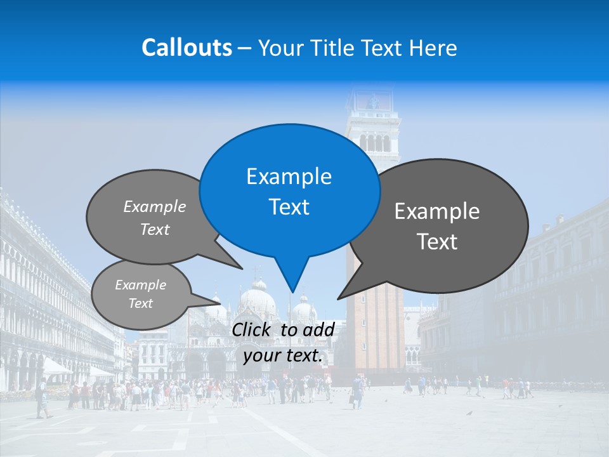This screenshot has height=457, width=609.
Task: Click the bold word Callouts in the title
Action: click(187, 48)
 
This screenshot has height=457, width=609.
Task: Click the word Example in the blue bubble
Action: click(289, 176)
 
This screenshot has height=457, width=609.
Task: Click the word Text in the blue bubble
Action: click(289, 207)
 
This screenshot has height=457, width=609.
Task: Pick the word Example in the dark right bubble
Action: click(437, 211)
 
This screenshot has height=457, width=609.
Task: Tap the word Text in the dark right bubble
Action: click(437, 242)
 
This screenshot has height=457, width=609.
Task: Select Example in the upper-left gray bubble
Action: click(155, 207)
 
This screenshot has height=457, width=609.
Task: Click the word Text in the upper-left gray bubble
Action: click(155, 230)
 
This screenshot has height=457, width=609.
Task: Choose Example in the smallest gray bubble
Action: click(140, 285)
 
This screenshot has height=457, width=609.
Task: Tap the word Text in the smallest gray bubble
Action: click(140, 303)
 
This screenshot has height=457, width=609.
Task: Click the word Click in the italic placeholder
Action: click(252, 329)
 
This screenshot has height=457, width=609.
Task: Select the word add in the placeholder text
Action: click(318, 329)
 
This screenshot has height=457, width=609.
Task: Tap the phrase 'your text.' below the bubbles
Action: click(283, 356)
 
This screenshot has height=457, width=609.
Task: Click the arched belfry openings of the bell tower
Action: click(374, 143)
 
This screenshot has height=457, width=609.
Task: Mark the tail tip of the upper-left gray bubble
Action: click(243, 268)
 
